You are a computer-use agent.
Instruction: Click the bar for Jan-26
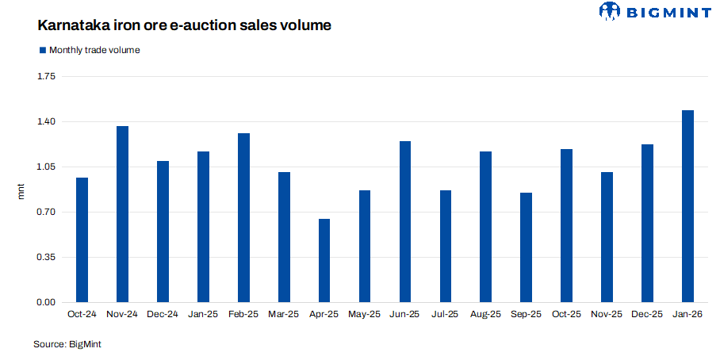(687, 206)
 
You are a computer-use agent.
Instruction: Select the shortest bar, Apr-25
(324, 261)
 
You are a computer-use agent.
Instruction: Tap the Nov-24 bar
(122, 214)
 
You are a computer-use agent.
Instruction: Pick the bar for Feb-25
(243, 218)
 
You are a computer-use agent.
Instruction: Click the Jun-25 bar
(405, 222)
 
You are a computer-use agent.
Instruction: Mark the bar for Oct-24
(82, 240)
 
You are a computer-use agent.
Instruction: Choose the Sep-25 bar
(527, 247)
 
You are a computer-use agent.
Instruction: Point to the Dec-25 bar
(647, 224)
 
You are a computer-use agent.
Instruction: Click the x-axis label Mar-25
(284, 315)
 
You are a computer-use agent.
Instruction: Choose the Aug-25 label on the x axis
(485, 315)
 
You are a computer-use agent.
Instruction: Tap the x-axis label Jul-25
(445, 315)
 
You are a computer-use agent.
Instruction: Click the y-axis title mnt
(22, 190)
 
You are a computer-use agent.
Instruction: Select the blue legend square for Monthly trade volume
(43, 50)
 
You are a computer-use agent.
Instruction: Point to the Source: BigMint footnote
(67, 344)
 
